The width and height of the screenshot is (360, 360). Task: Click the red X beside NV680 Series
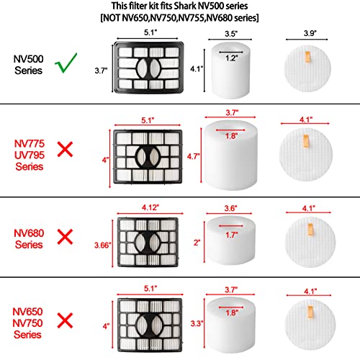coord(66,235)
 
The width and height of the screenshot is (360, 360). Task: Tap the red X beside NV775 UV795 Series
coord(66,150)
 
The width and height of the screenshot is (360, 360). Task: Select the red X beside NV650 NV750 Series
coord(66,318)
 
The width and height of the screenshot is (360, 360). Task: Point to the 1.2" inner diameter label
coord(230,57)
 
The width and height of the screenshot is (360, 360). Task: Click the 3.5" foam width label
coord(230,33)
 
